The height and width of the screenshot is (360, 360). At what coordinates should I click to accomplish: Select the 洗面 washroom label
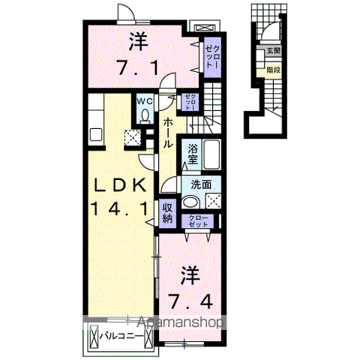pos(199,184)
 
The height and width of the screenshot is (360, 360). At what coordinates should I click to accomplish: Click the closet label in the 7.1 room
pos(213,56)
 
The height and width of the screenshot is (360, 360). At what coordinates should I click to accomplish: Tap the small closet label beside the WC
pos(191,101)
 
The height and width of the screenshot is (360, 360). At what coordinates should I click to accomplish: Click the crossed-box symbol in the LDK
pos(133,137)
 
